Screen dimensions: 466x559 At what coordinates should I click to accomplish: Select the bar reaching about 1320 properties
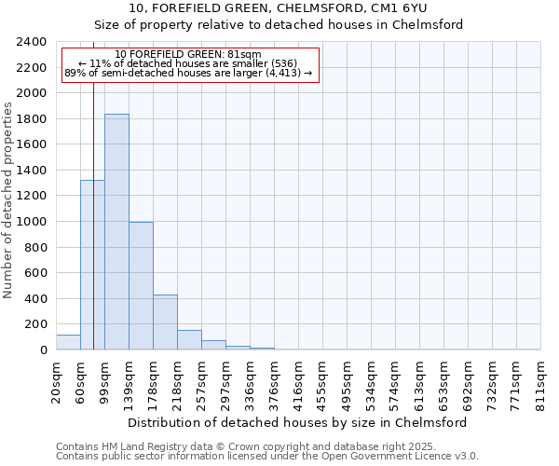92,265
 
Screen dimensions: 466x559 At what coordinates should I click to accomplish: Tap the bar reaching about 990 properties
141,286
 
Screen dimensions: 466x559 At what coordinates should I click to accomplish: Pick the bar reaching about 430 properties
165,322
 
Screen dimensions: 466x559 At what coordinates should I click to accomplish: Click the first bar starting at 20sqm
68,342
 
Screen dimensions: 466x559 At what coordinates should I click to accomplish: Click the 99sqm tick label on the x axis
104,378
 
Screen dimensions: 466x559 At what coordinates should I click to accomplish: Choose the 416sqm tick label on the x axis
298,380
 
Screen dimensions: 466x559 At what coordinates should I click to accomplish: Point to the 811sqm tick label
540,380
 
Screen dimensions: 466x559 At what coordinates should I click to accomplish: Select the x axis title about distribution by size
297,422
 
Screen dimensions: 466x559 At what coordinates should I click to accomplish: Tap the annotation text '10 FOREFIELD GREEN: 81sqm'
188,54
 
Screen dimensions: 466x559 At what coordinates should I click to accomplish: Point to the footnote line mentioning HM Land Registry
259,446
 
